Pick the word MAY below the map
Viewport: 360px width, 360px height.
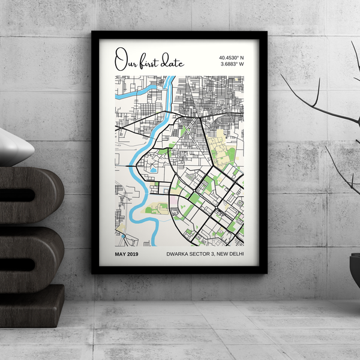(x=122, y=254)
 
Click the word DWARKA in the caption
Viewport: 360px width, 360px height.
(x=178, y=254)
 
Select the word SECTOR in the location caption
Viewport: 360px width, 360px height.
(x=203, y=254)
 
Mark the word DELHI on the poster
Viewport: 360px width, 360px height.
(x=239, y=254)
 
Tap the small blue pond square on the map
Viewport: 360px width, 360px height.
(x=153, y=170)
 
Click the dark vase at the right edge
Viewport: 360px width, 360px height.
(x=355, y=270)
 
